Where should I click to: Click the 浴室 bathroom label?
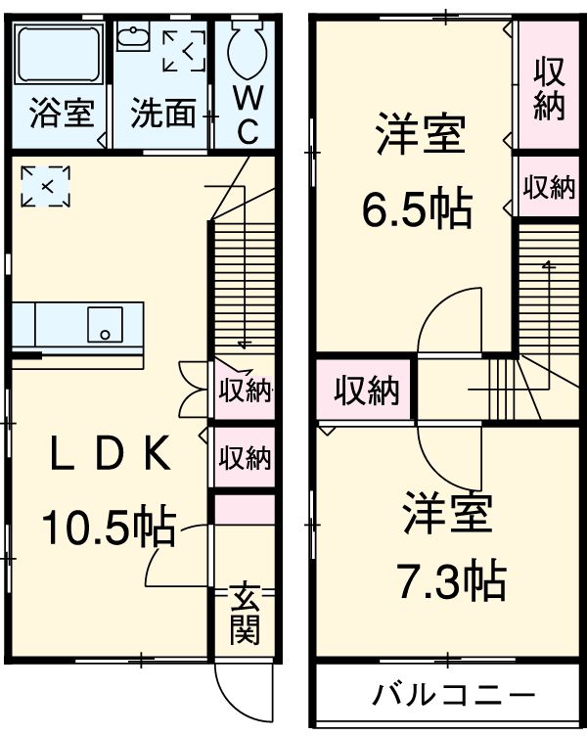coord(61,114)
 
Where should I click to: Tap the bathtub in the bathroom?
coord(60,56)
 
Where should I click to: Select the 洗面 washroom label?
coord(163,114)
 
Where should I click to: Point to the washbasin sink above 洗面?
coord(130,38)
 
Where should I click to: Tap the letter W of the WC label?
coord(247,97)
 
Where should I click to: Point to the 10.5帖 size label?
coord(108,529)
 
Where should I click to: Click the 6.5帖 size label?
coord(417,207)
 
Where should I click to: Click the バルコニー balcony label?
coord(453,696)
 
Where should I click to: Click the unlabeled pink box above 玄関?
coord(245,510)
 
